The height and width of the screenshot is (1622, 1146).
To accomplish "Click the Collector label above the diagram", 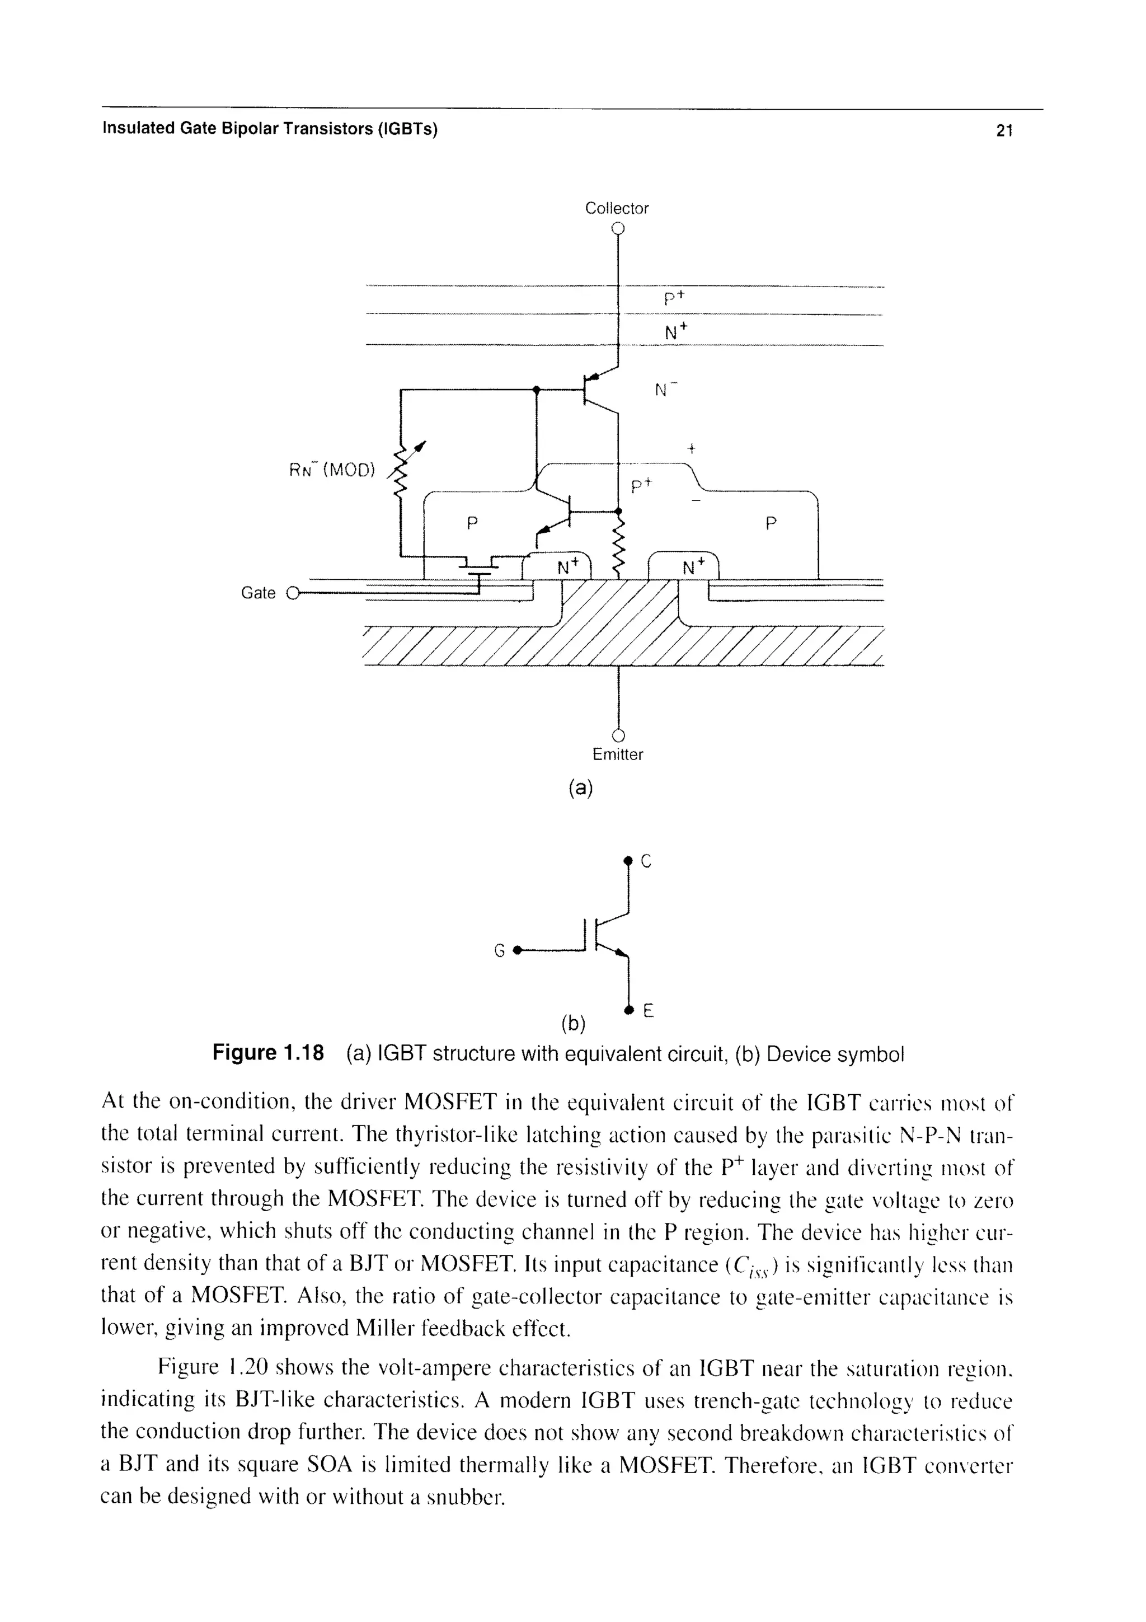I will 617,208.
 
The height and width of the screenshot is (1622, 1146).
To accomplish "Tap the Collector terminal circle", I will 618,228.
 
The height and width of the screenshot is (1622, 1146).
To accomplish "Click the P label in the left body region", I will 472,523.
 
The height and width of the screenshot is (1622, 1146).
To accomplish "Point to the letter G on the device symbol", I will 499,951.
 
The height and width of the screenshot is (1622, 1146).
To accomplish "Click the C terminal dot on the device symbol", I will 627,860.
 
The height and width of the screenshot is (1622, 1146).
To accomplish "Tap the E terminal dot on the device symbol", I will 627,1008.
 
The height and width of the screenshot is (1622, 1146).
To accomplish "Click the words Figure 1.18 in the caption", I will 269,1054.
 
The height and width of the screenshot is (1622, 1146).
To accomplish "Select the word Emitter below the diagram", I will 618,754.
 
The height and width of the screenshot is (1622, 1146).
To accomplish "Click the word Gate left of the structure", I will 258,593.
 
